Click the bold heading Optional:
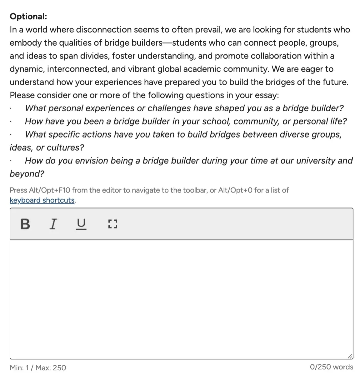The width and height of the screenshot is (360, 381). coord(28,16)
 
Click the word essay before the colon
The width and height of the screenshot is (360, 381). coord(266,95)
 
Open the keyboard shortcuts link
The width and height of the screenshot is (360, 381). coord(42,200)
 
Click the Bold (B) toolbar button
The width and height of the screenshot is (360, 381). coord(25,224)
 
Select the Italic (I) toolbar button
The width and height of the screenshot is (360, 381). coord(53,224)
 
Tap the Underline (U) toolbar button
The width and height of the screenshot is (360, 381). coord(81,224)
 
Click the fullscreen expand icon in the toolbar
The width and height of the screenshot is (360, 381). coord(113,224)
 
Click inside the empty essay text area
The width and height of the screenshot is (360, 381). coord(181,299)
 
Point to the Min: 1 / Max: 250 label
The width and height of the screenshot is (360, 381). coord(38,368)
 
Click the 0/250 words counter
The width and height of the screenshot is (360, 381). coord(331,367)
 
